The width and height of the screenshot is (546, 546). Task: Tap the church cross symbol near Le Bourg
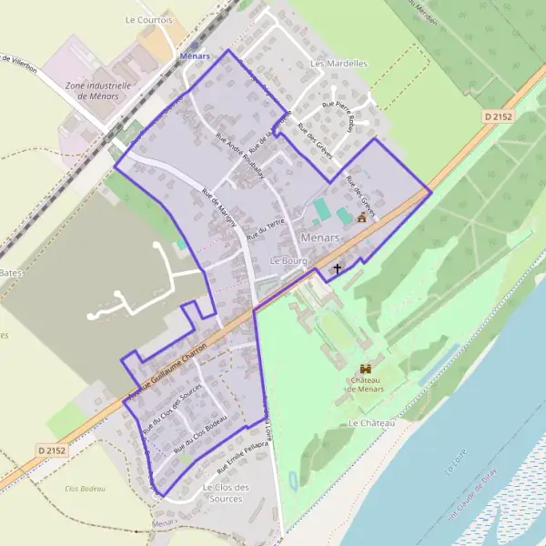tap(338, 269)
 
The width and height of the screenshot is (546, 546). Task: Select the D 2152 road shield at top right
tap(500, 116)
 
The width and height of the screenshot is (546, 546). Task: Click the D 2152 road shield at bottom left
tap(54, 450)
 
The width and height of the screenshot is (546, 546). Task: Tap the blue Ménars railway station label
tap(195, 56)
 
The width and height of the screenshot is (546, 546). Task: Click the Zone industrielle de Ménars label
tap(98, 90)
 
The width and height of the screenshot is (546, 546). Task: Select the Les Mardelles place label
tap(339, 64)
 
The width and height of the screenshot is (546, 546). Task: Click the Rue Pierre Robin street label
tap(338, 116)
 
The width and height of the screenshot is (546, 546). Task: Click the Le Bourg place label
tap(290, 260)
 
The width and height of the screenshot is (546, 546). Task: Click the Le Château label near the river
tap(371, 424)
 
